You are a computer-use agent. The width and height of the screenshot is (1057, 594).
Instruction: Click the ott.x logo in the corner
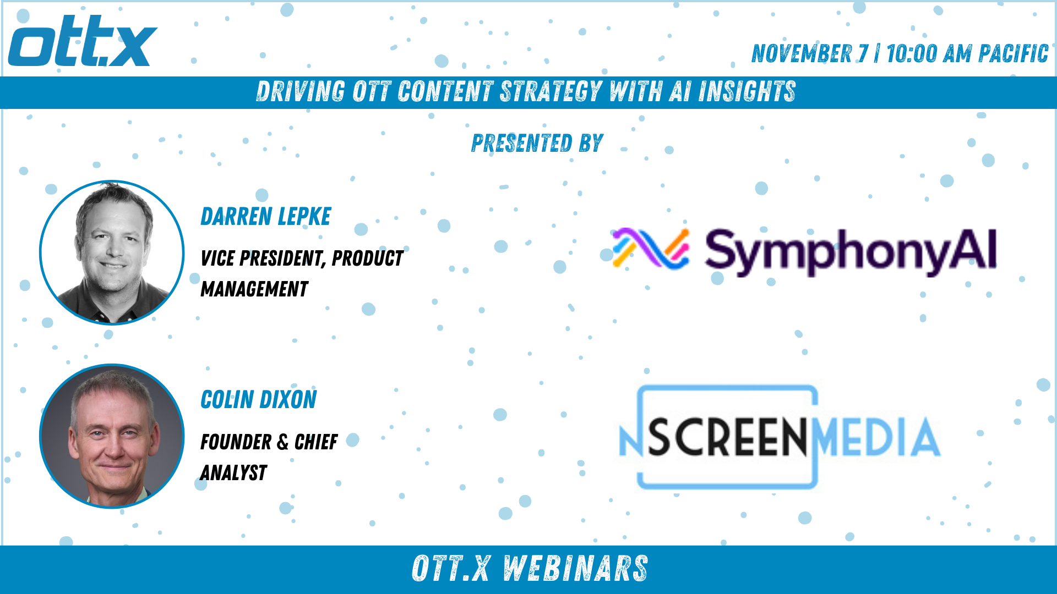pyautogui.click(x=83, y=41)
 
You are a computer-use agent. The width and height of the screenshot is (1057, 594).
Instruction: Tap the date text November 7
pyautogui.click(x=810, y=53)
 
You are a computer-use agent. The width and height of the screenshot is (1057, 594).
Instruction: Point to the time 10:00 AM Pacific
pyautogui.click(x=967, y=53)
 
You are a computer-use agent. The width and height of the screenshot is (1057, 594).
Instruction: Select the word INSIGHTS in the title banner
pyautogui.click(x=747, y=91)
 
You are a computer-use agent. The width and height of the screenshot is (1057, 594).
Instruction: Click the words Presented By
pyautogui.click(x=537, y=143)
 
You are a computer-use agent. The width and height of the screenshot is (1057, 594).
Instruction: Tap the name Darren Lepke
pyautogui.click(x=266, y=216)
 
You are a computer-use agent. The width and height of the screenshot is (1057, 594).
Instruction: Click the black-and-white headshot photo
pyautogui.click(x=112, y=252)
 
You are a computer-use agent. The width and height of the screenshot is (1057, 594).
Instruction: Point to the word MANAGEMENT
pyautogui.click(x=254, y=289)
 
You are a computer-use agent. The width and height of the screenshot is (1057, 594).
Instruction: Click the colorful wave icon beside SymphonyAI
pyautogui.click(x=651, y=249)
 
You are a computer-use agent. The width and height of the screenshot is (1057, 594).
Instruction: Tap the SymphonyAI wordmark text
pyautogui.click(x=851, y=252)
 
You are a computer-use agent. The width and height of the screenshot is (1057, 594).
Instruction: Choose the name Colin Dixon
pyautogui.click(x=259, y=399)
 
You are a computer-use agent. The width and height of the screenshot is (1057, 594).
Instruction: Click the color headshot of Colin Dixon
pyautogui.click(x=112, y=436)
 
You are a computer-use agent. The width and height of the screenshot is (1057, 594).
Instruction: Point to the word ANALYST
pyautogui.click(x=234, y=472)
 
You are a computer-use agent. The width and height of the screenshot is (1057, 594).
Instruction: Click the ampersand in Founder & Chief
pyautogui.click(x=283, y=442)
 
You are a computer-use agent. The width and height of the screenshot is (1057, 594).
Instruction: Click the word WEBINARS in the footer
pyautogui.click(x=575, y=569)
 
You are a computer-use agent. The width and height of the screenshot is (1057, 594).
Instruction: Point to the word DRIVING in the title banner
pyautogui.click(x=301, y=91)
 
